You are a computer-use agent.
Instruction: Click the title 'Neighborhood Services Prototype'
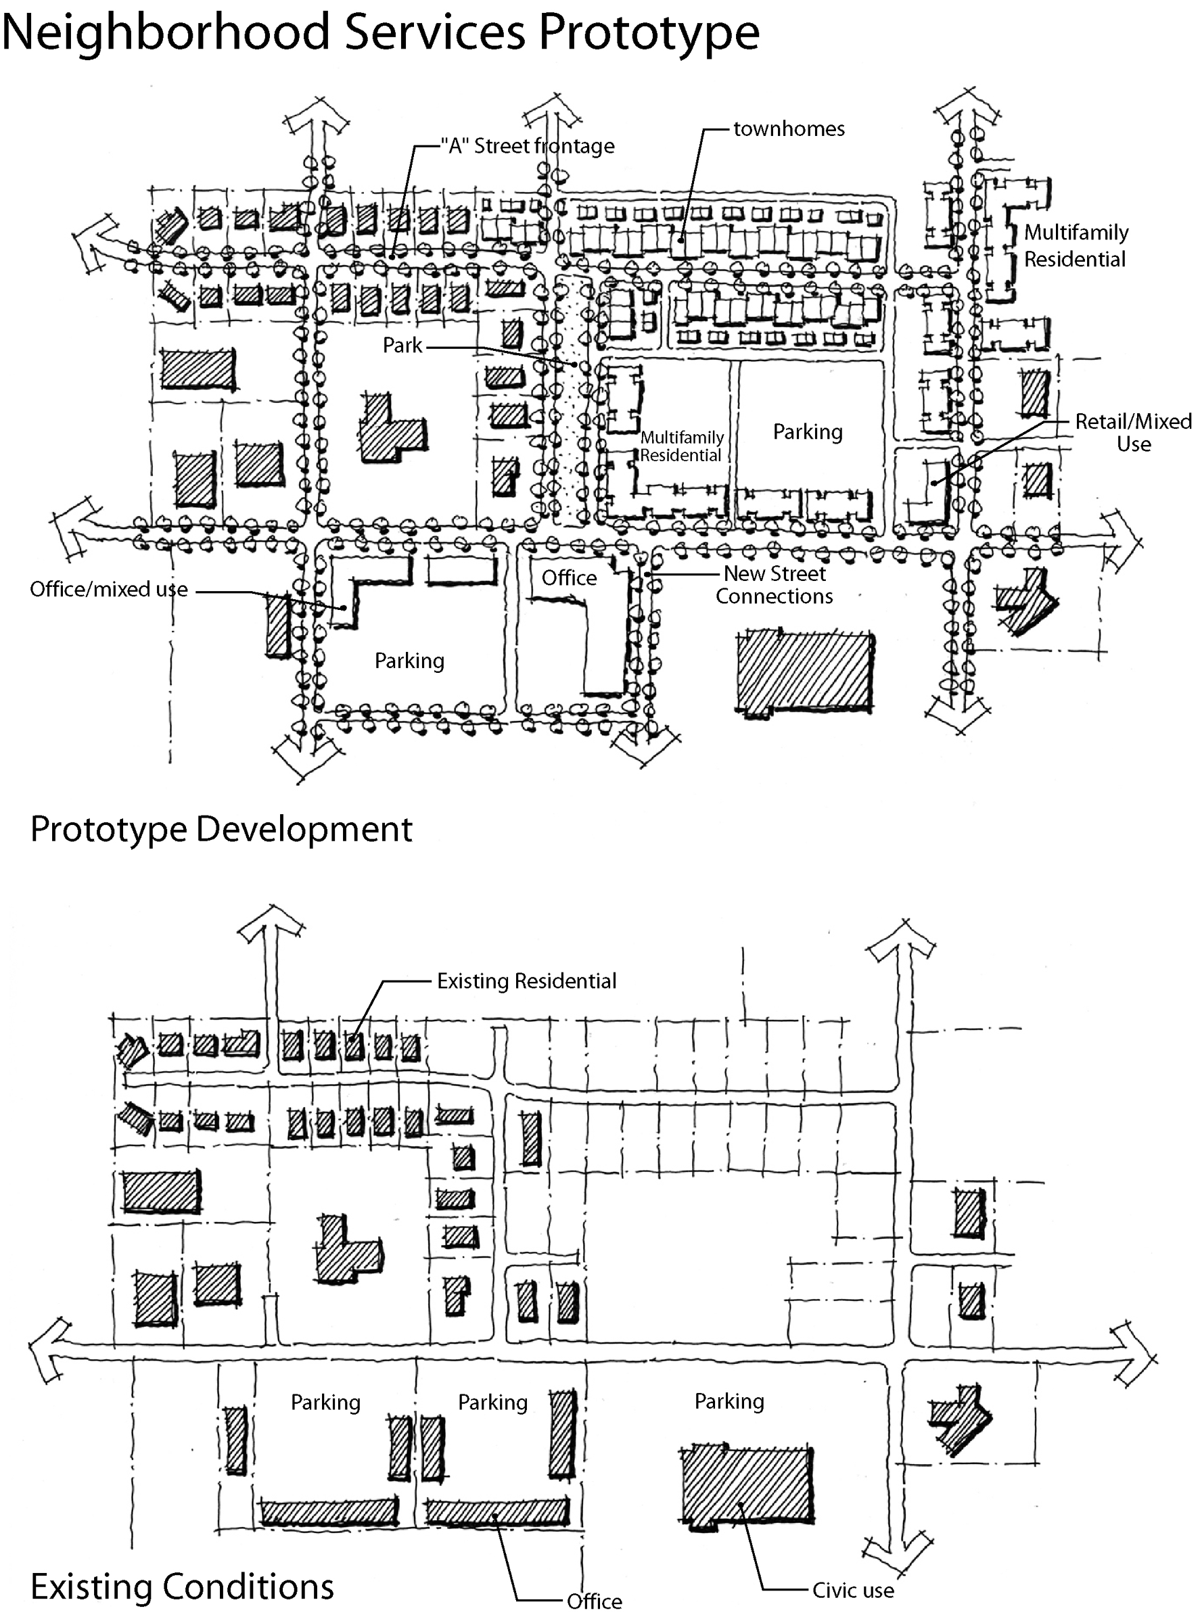click(x=381, y=32)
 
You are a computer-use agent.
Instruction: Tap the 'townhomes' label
click(x=789, y=129)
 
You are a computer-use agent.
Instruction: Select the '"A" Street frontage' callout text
click(x=528, y=147)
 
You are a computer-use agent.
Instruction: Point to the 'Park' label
click(x=402, y=345)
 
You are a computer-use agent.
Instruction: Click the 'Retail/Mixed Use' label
click(x=1133, y=433)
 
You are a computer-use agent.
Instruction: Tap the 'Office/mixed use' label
click(x=109, y=589)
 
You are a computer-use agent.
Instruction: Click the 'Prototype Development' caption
click(x=222, y=829)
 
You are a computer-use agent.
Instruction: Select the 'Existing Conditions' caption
click(x=183, y=1586)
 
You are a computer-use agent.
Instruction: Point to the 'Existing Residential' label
click(x=527, y=981)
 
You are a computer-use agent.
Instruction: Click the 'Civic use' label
click(x=853, y=1591)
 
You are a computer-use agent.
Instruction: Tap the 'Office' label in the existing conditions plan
click(x=594, y=1602)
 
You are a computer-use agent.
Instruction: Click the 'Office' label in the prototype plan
click(x=570, y=578)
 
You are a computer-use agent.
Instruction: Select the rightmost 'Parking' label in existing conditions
click(x=729, y=1401)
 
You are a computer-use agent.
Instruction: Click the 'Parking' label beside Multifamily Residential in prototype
click(x=808, y=432)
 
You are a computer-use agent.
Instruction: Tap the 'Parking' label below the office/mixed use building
click(x=410, y=661)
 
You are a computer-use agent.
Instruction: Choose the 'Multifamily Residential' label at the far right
click(x=1076, y=246)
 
